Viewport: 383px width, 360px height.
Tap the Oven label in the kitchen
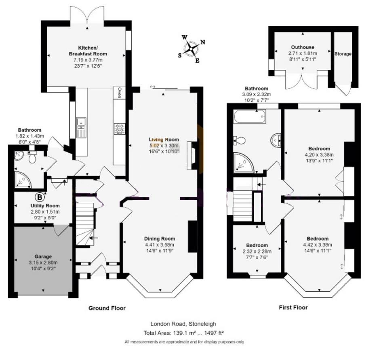120,93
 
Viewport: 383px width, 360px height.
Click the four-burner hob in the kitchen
120,129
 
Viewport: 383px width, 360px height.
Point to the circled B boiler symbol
40,197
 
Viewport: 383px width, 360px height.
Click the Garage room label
43,257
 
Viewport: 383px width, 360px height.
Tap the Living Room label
164,139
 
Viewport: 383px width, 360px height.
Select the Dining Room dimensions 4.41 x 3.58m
160,245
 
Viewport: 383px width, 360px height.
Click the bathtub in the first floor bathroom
249,116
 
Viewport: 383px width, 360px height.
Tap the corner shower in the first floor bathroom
243,162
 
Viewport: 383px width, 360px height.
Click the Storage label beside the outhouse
343,54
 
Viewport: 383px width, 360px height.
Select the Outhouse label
303,47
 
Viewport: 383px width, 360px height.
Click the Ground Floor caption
107,308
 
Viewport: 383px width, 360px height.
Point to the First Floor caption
293,307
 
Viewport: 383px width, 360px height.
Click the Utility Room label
45,206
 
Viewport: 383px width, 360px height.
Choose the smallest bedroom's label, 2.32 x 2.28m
257,251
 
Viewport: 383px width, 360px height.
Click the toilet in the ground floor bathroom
32,157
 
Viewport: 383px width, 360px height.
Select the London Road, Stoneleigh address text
183,324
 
